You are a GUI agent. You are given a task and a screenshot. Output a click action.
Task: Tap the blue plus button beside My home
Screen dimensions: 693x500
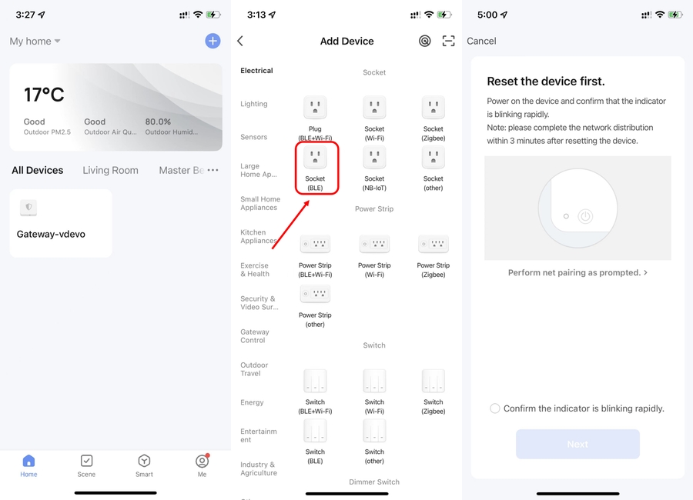[213, 41]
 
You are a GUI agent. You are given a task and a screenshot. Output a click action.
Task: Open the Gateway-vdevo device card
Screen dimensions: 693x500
[61, 223]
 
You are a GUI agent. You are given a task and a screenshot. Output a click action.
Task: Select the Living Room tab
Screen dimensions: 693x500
[110, 170]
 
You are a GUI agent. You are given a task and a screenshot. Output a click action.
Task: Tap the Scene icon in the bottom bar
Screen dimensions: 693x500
[86, 461]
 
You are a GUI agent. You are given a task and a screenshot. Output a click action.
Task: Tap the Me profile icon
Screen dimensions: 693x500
[202, 461]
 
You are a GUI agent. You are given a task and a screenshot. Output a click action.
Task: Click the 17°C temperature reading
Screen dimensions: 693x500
[44, 95]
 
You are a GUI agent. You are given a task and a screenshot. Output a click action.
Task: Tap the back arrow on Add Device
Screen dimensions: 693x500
[240, 41]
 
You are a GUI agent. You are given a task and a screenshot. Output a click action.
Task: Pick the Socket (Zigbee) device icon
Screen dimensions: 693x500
[433, 108]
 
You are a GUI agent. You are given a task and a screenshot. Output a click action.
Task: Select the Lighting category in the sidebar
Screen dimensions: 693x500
[253, 104]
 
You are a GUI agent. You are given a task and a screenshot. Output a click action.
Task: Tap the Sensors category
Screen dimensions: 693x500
[253, 137]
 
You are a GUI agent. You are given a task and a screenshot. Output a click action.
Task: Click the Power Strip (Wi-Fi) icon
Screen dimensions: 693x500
[374, 244]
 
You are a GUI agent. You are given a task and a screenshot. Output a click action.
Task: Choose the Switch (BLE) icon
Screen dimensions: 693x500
[315, 431]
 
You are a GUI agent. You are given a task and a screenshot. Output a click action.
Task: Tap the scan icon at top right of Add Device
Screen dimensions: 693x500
[448, 41]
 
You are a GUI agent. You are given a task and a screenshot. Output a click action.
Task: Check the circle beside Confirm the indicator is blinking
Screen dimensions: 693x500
[495, 408]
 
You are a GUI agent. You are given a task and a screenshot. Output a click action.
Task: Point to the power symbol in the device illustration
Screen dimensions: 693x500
[585, 216]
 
